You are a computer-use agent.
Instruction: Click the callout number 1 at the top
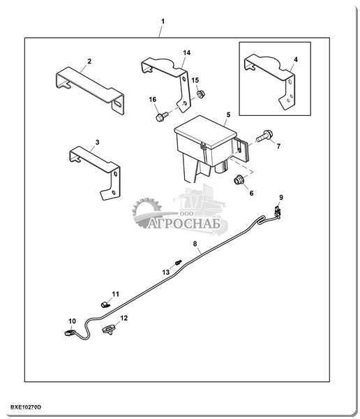163,22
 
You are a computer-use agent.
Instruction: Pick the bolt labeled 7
264,135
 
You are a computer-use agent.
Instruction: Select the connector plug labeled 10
70,332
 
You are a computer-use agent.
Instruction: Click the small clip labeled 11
105,304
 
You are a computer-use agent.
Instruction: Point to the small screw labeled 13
178,263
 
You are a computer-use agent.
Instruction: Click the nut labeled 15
200,94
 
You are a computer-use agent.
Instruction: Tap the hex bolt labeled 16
161,116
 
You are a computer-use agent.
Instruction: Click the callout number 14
187,52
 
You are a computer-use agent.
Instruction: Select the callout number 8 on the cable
195,244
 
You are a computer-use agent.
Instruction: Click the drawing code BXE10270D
26,407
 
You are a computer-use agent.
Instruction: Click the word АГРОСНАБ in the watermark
184,224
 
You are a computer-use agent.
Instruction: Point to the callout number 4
296,59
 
